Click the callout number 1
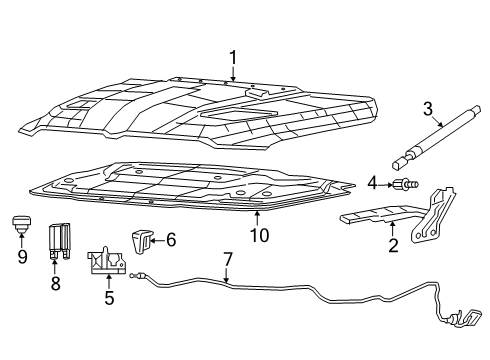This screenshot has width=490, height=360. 233,57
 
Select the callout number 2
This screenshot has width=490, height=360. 393,244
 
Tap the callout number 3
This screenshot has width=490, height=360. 426,108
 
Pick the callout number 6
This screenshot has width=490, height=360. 171,239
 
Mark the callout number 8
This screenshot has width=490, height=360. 56,284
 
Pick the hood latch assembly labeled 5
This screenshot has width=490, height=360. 107,260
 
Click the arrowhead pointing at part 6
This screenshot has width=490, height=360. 153,239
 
